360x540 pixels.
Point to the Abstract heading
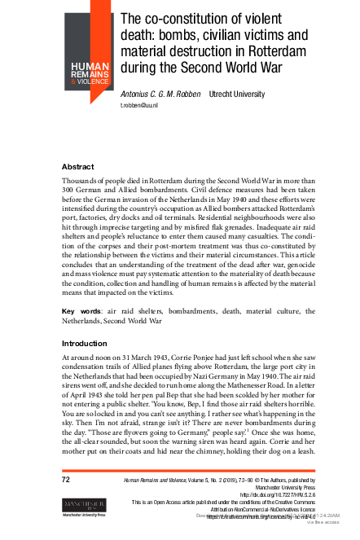[78, 167]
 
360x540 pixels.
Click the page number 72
[67, 480]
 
